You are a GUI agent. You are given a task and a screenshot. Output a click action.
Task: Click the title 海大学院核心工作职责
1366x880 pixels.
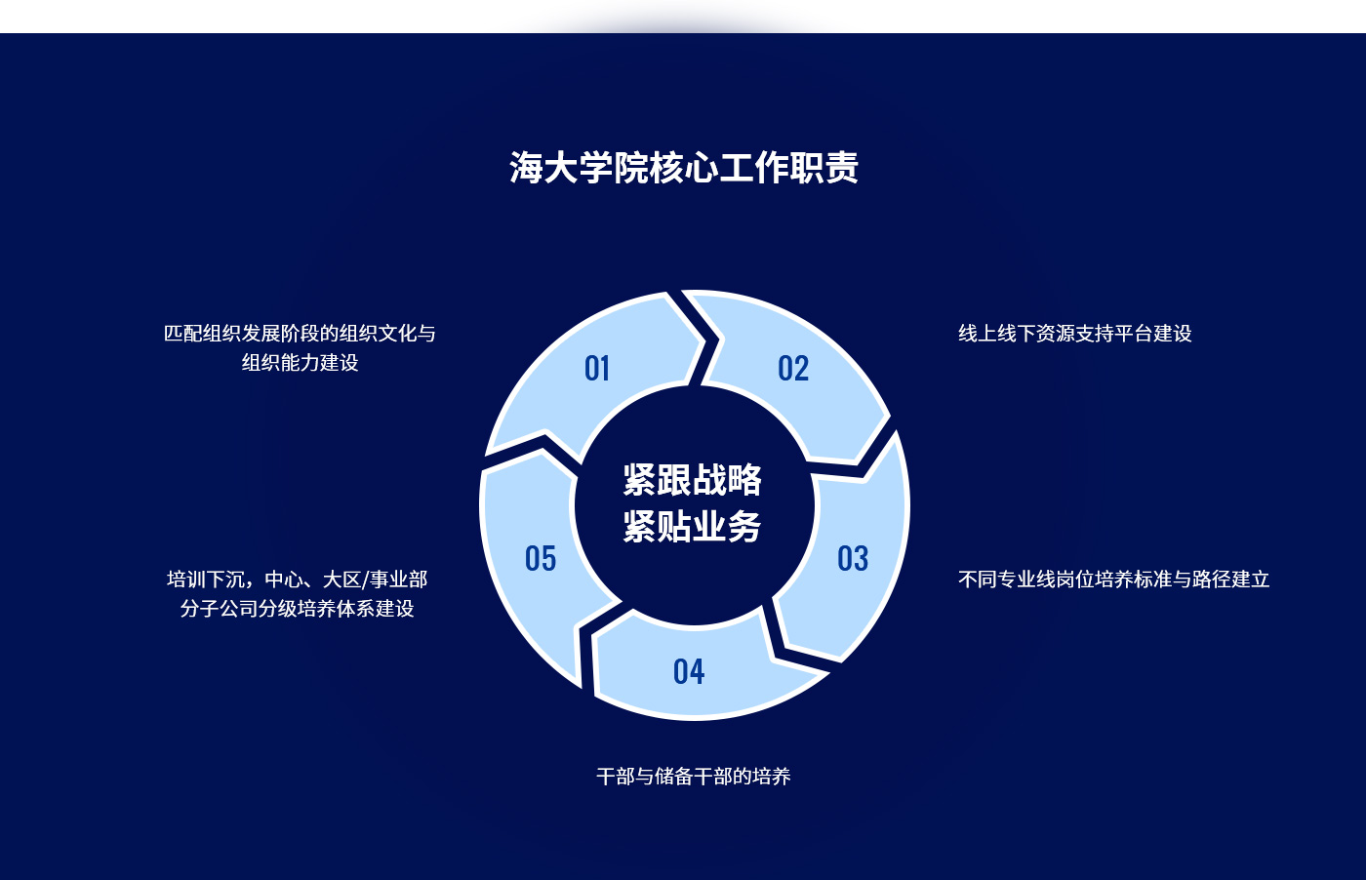[x=684, y=168]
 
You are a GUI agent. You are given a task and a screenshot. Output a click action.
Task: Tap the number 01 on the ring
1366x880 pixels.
[x=597, y=369]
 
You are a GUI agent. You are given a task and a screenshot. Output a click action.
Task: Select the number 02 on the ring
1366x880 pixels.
[x=793, y=369]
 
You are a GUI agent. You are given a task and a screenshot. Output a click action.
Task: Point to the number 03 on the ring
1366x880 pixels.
[x=853, y=558]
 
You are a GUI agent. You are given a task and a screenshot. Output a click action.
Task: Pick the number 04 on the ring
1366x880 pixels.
[x=689, y=671]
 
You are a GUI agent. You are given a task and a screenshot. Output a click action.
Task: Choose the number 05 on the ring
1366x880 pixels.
[x=541, y=558]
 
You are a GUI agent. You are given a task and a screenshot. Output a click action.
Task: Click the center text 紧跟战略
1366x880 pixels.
[x=692, y=479]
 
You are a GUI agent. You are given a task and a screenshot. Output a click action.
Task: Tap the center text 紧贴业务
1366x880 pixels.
[x=692, y=526]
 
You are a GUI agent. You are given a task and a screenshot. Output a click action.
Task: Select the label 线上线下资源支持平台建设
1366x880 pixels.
[x=1075, y=334]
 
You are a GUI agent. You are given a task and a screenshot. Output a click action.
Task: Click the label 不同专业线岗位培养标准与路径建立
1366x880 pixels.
[x=1114, y=579]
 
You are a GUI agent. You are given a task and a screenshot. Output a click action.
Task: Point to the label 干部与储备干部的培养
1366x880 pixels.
[x=694, y=777]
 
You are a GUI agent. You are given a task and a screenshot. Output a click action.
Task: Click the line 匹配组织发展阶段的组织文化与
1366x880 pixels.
[x=300, y=334]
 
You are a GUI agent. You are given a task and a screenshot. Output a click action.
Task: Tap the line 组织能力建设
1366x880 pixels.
[x=300, y=363]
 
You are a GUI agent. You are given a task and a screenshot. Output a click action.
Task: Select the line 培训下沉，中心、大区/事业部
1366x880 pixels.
[x=297, y=579]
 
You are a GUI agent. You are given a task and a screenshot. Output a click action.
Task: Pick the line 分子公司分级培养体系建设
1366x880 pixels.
[x=297, y=608]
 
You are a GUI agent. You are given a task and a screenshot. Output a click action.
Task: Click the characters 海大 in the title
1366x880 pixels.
[x=544, y=168]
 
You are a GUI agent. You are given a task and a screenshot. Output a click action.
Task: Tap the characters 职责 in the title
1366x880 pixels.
[x=824, y=168]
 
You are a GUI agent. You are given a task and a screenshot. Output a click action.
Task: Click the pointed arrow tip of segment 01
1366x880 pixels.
[x=704, y=342]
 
